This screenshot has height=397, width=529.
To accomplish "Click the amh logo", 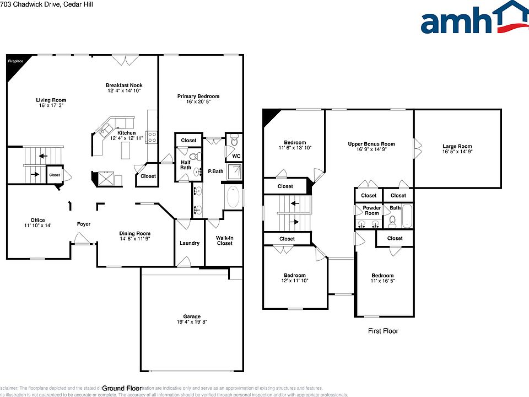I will pos(473,19).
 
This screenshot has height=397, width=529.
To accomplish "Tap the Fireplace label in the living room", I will pos(15,61).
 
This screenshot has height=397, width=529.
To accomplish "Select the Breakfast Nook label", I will pos(124,85).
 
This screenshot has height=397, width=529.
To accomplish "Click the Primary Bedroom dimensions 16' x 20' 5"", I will pos(198,102).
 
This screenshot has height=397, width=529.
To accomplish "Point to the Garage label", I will pos(192,316).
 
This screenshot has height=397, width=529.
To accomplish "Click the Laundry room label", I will pos(190,243).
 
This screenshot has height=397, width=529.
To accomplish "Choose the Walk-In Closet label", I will pos(224,240).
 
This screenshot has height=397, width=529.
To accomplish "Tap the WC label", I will pos(236,156).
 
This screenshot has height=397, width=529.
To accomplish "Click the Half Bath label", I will pos(186,165).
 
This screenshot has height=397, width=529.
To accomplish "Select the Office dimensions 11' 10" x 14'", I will pos(37,226).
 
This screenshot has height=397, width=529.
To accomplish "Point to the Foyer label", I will pos(83,224).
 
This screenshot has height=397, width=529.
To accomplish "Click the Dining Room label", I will pos(135,233).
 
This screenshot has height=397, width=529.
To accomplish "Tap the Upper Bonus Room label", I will pos(371,144).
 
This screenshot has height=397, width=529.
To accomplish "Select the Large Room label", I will pos(457,147).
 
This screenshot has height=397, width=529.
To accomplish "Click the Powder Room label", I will pos(372,211).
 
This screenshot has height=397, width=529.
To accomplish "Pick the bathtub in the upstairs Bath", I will pos(407,217).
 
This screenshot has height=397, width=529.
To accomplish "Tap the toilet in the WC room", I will pos(234,141).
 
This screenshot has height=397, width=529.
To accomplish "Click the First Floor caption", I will pos(383,331).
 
